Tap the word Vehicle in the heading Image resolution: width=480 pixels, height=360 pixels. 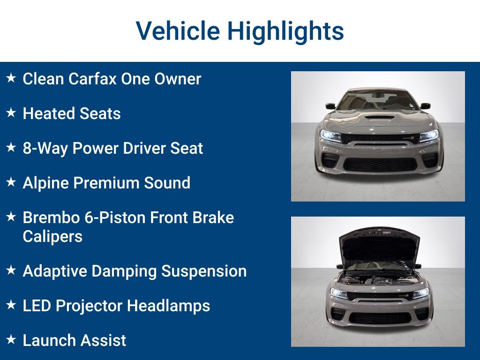coord(178,30)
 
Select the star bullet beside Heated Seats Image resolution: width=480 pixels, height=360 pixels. coord(11,112)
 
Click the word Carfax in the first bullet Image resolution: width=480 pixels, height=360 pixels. coord(92,79)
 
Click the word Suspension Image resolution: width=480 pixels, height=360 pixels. coord(204,272)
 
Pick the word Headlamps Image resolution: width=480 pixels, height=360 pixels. coord(168,306)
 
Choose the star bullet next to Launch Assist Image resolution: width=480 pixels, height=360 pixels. coord(11,339)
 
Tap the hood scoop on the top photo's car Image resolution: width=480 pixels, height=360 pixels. coord(380,117)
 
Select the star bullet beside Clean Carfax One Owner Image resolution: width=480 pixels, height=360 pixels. coord(11,78)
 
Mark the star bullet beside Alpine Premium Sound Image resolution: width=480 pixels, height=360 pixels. coord(11,182)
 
